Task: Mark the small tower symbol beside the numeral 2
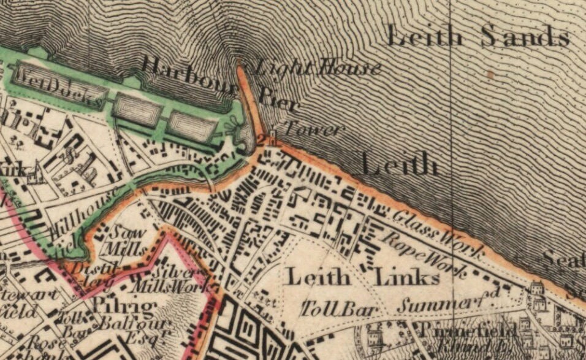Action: (275, 137)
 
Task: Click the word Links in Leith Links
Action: (407, 278)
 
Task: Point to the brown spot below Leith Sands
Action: (489, 75)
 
